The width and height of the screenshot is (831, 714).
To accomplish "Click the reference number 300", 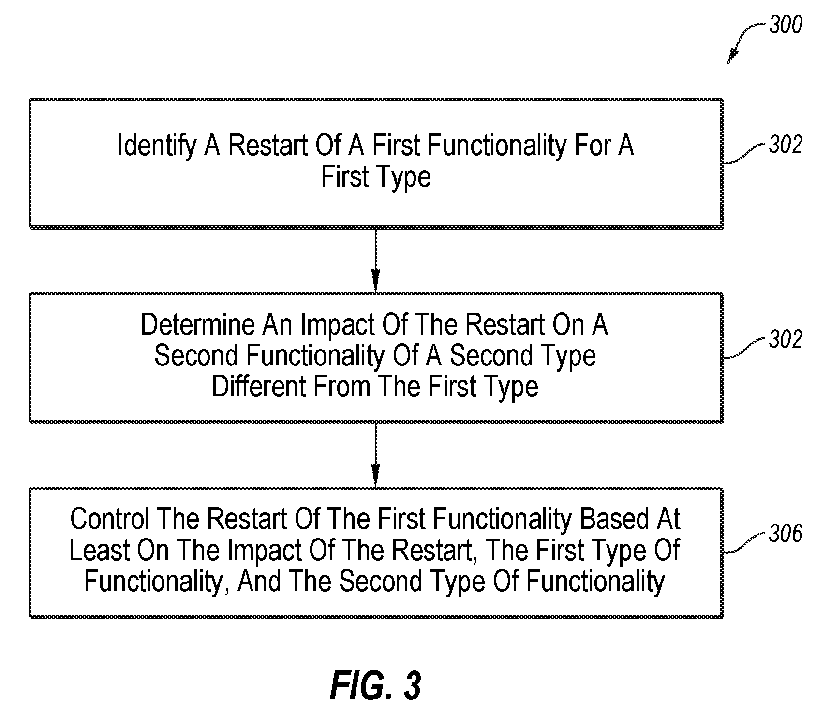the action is pyautogui.click(x=786, y=25).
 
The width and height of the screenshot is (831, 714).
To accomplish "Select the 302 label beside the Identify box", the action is pyautogui.click(x=786, y=145).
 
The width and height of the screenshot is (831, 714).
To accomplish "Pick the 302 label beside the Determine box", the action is pyautogui.click(x=786, y=339).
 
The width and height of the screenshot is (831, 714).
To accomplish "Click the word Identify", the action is pyautogui.click(x=157, y=146).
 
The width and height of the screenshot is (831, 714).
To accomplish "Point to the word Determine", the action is pyautogui.click(x=198, y=325).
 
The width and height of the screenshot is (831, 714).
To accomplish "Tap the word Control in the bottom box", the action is pyautogui.click(x=109, y=519).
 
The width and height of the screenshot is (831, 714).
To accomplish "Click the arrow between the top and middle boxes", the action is pyautogui.click(x=375, y=261).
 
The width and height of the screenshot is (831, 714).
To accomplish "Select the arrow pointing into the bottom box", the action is pyautogui.click(x=375, y=456).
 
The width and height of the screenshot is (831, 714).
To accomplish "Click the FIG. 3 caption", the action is pyautogui.click(x=375, y=685).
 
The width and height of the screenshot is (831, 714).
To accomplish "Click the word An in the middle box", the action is pyautogui.click(x=278, y=325).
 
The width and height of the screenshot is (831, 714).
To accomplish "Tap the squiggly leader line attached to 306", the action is pyautogui.click(x=745, y=544).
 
